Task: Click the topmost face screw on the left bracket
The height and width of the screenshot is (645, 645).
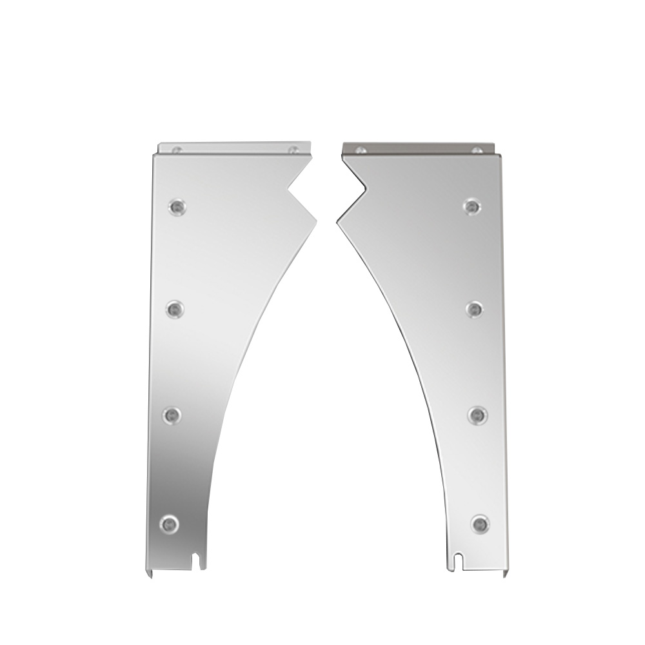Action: [x=175, y=206]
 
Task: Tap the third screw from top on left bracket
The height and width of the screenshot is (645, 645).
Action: [x=172, y=415]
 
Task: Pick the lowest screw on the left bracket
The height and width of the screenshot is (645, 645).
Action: [x=169, y=523]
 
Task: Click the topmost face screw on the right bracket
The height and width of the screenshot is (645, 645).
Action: [x=473, y=206]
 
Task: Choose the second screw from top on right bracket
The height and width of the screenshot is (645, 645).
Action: [x=475, y=310]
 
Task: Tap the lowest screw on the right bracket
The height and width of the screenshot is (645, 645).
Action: [x=479, y=523]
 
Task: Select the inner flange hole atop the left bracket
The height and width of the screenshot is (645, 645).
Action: [x=293, y=150]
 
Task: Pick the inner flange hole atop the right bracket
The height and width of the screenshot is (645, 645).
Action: [x=361, y=150]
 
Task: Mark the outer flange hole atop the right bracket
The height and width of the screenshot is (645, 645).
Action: [x=477, y=150]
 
